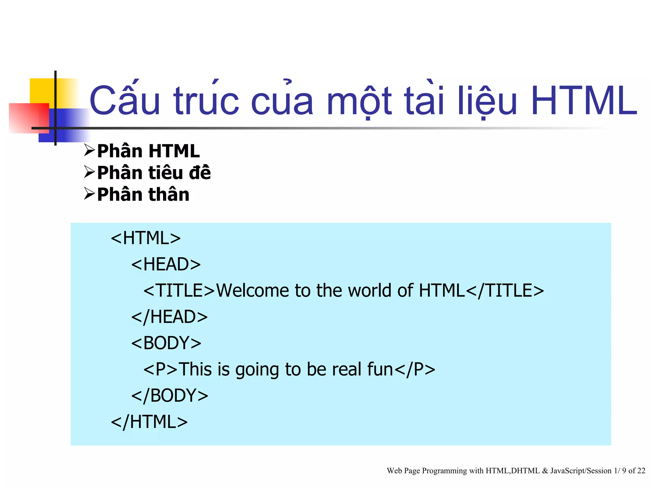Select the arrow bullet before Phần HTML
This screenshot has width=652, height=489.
point(89,150)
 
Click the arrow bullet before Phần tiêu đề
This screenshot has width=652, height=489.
point(89,172)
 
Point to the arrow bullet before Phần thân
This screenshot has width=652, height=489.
point(89,194)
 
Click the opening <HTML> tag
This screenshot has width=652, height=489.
point(146,238)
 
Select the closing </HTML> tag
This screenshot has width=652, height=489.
point(149,422)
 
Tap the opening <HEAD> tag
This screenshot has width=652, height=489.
point(166,264)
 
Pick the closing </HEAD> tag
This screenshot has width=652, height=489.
point(169,317)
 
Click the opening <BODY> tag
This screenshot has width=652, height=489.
point(166,343)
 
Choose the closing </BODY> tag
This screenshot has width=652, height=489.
point(170,396)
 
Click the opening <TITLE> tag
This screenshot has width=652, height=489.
point(179,291)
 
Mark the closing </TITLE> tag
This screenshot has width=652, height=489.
point(505,291)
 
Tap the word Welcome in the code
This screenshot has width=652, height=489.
point(252,291)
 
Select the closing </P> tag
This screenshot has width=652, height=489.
point(415,369)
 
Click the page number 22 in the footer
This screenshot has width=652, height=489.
point(641,471)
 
